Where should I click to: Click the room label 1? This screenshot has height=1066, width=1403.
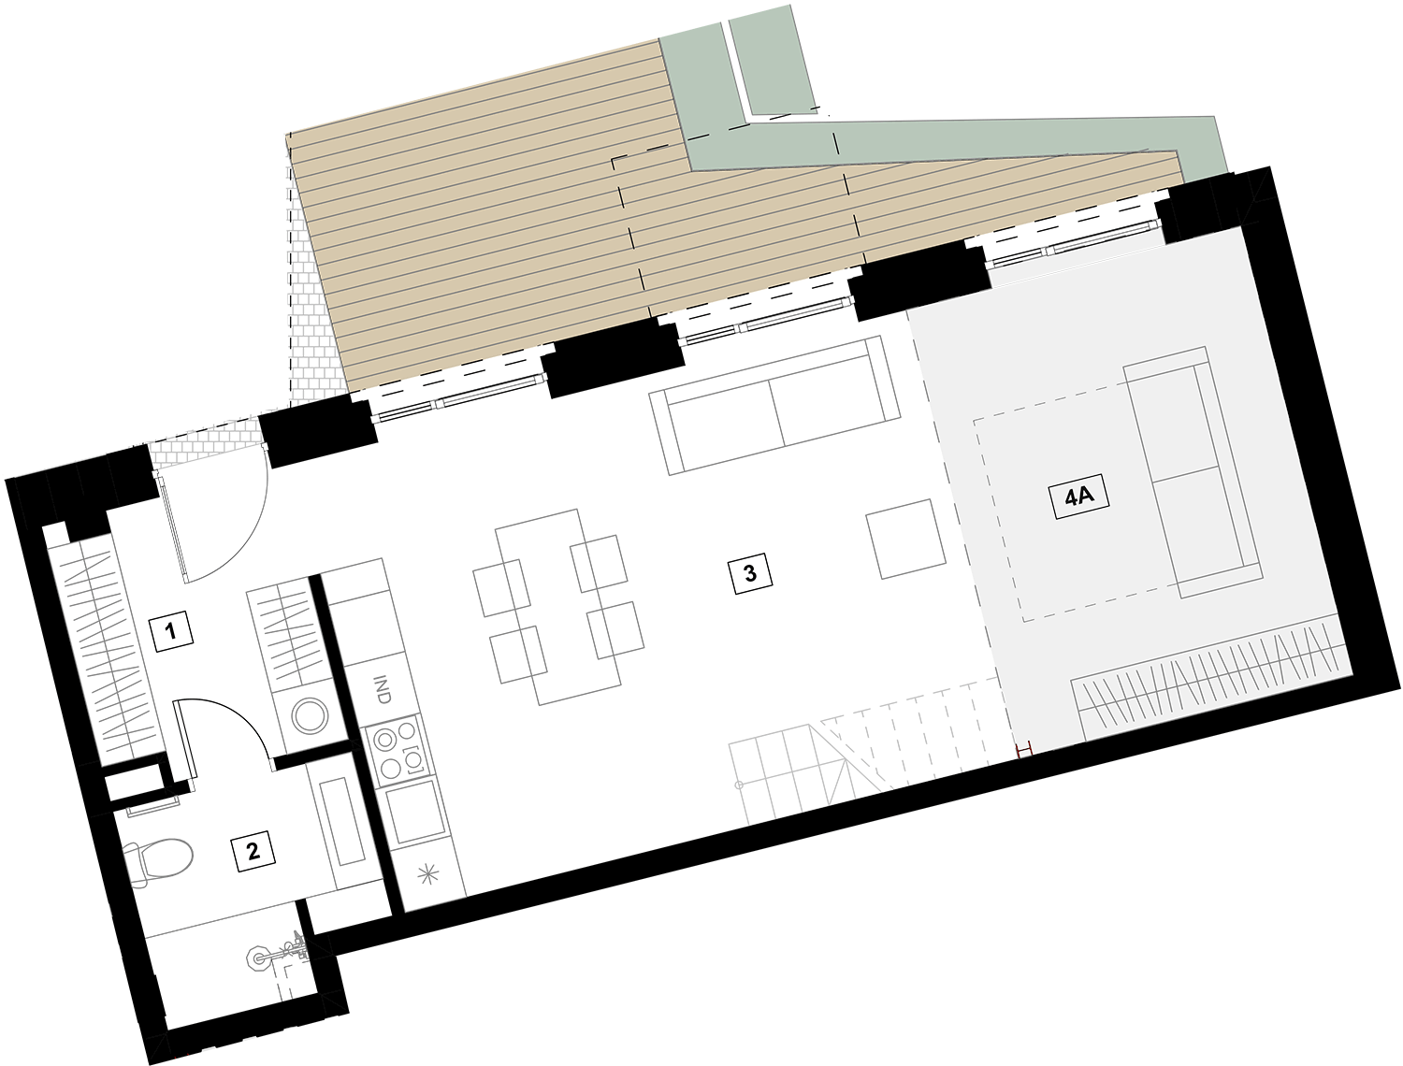point(170,632)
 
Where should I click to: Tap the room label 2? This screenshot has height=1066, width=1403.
point(253,851)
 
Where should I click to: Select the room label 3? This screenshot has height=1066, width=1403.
point(750,573)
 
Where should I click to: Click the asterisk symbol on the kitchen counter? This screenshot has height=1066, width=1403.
point(428,873)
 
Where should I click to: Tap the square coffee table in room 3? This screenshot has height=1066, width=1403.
point(905,539)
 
